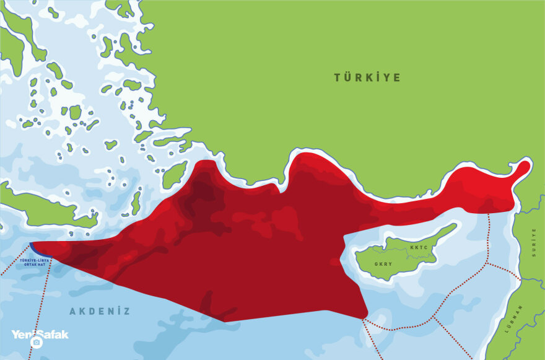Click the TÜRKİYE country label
pyautogui.click(x=367, y=77)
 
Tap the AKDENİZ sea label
pyautogui.click(x=100, y=311)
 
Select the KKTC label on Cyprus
pyautogui.click(x=419, y=247)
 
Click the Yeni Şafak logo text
pyautogui.click(x=40, y=334)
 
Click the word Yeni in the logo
pyautogui.click(x=22, y=334)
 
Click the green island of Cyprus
pyautogui.click(x=396, y=254)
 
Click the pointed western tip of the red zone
pyautogui.click(x=31, y=244)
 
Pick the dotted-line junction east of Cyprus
pyautogui.click(x=487, y=263)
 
